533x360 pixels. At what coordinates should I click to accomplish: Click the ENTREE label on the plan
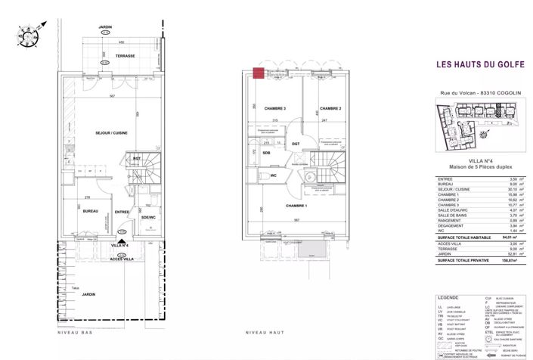[121, 213]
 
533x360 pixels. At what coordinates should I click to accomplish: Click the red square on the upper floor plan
[259, 73]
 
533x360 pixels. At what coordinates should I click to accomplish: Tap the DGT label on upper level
[296, 144]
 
